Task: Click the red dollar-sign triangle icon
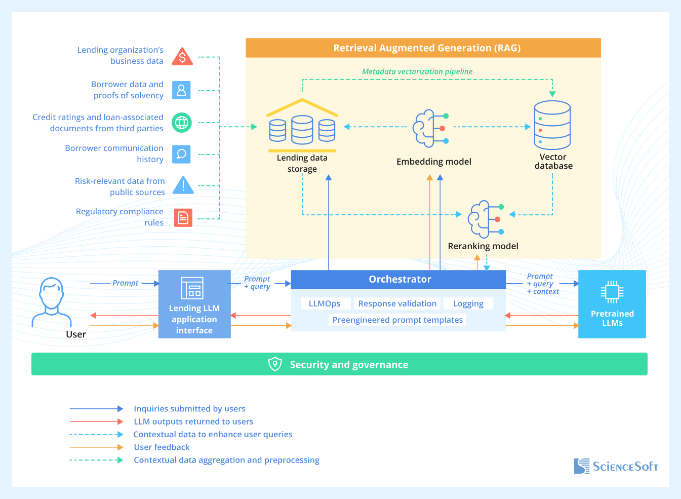pyautogui.click(x=182, y=57)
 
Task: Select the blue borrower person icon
pyautogui.click(x=181, y=90)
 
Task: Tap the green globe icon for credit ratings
pyautogui.click(x=181, y=123)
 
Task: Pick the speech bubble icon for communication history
pyautogui.click(x=181, y=154)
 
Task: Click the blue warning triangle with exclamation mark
pyautogui.click(x=183, y=185)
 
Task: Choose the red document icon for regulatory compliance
pyautogui.click(x=183, y=218)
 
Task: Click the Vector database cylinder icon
pyautogui.click(x=552, y=125)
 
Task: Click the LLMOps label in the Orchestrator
pyautogui.click(x=325, y=303)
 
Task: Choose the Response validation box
pyautogui.click(x=397, y=303)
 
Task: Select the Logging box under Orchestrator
pyautogui.click(x=468, y=303)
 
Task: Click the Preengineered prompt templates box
pyautogui.click(x=397, y=320)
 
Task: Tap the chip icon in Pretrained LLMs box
pyautogui.click(x=612, y=292)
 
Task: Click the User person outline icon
pyautogui.click(x=52, y=302)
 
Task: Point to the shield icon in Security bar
pyautogui.click(x=275, y=364)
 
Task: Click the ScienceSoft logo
pyautogui.click(x=616, y=466)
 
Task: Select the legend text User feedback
pyautogui.click(x=162, y=447)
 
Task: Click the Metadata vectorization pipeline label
pyautogui.click(x=417, y=72)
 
